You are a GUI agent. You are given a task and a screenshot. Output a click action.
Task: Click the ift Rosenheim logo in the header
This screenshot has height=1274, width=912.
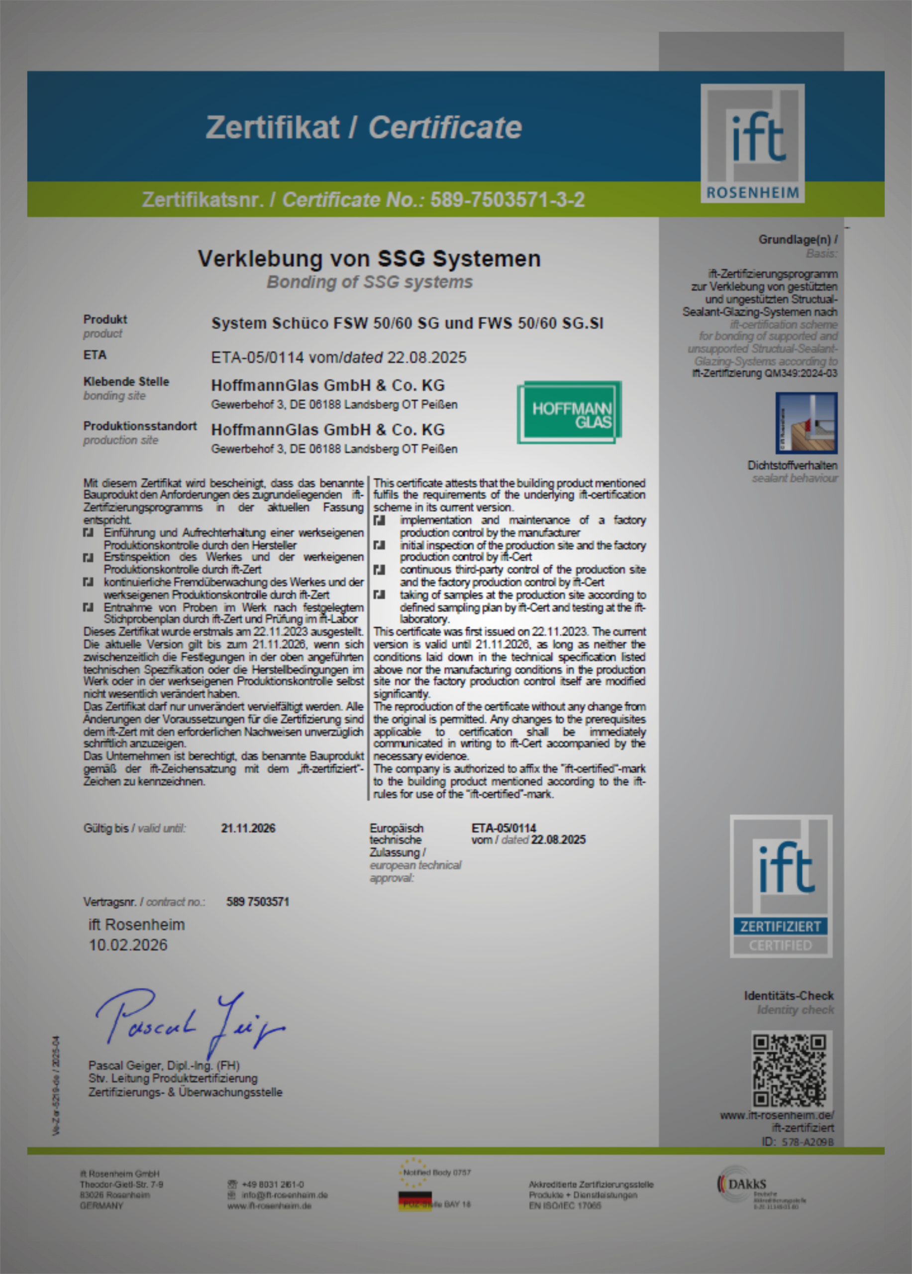click(752, 143)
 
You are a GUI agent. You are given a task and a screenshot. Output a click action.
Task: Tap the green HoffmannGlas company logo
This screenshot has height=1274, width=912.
click(569, 413)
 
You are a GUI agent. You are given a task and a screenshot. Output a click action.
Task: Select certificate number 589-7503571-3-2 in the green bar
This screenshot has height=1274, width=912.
click(507, 200)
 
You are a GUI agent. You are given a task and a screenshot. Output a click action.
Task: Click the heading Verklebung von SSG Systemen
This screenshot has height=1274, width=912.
click(369, 259)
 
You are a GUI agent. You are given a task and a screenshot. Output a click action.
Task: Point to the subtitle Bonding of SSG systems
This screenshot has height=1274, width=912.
click(369, 282)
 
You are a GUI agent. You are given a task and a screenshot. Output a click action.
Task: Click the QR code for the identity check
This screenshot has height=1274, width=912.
click(791, 1069)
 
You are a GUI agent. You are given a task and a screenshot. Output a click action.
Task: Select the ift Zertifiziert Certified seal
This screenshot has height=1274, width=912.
click(781, 886)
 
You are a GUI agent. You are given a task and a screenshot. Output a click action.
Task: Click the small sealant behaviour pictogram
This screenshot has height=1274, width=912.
click(806, 423)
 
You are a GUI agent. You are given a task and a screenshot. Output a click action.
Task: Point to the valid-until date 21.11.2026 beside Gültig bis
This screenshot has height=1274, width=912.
click(248, 829)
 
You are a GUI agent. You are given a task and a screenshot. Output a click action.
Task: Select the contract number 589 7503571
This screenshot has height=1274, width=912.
click(258, 902)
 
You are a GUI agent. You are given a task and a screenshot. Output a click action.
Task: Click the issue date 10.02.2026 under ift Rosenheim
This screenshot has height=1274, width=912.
click(128, 946)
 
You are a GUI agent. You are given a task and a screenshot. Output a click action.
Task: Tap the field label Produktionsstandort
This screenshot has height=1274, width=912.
click(140, 426)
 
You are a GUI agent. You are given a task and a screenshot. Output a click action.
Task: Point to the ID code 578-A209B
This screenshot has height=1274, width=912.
click(808, 1142)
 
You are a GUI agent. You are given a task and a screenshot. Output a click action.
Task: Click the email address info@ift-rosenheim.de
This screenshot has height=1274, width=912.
click(284, 1195)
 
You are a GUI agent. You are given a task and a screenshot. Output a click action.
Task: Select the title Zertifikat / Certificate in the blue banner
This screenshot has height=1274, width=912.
click(363, 127)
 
